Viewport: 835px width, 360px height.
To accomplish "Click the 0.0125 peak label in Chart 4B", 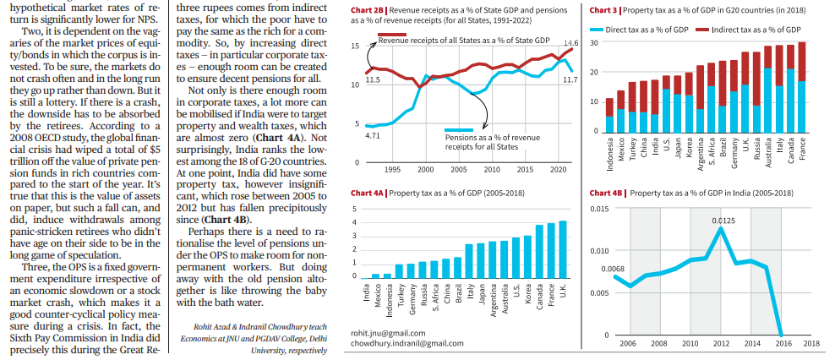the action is [x=723, y=220].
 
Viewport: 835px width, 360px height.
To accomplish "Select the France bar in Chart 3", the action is [x=801, y=87].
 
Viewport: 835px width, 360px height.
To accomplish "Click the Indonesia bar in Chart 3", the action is [x=609, y=115].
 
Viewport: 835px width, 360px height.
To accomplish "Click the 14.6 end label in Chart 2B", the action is [x=570, y=42].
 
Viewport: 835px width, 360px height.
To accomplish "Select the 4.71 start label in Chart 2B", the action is [x=373, y=135].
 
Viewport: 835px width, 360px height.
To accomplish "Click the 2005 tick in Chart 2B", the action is [x=459, y=169].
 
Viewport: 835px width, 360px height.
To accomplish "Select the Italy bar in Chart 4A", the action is [x=469, y=261].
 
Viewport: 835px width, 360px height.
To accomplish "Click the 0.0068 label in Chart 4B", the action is [x=613, y=269].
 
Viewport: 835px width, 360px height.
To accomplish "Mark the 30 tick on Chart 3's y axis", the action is [x=596, y=42].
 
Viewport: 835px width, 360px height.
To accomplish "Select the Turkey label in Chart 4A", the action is [x=399, y=294].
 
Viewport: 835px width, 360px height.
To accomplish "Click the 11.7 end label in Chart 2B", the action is [x=570, y=79].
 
